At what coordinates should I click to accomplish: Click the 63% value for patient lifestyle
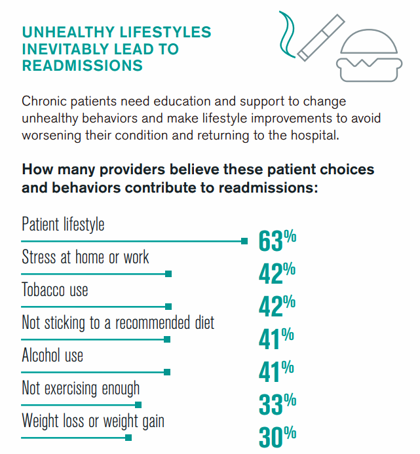click(277, 240)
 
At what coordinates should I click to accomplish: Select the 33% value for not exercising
click(277, 404)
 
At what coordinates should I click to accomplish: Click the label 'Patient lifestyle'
click(63, 224)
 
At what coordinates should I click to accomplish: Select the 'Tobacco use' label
click(55, 290)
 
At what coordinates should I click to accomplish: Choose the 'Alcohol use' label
click(52, 355)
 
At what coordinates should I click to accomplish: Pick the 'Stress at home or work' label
click(86, 257)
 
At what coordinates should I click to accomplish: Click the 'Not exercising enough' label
click(81, 388)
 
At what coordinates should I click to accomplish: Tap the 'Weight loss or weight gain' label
click(93, 421)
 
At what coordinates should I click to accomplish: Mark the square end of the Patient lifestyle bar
click(244, 241)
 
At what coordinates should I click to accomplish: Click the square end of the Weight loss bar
click(128, 438)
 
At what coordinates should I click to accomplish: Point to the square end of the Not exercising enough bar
click(138, 405)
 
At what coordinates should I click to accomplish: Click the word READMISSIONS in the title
click(83, 66)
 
